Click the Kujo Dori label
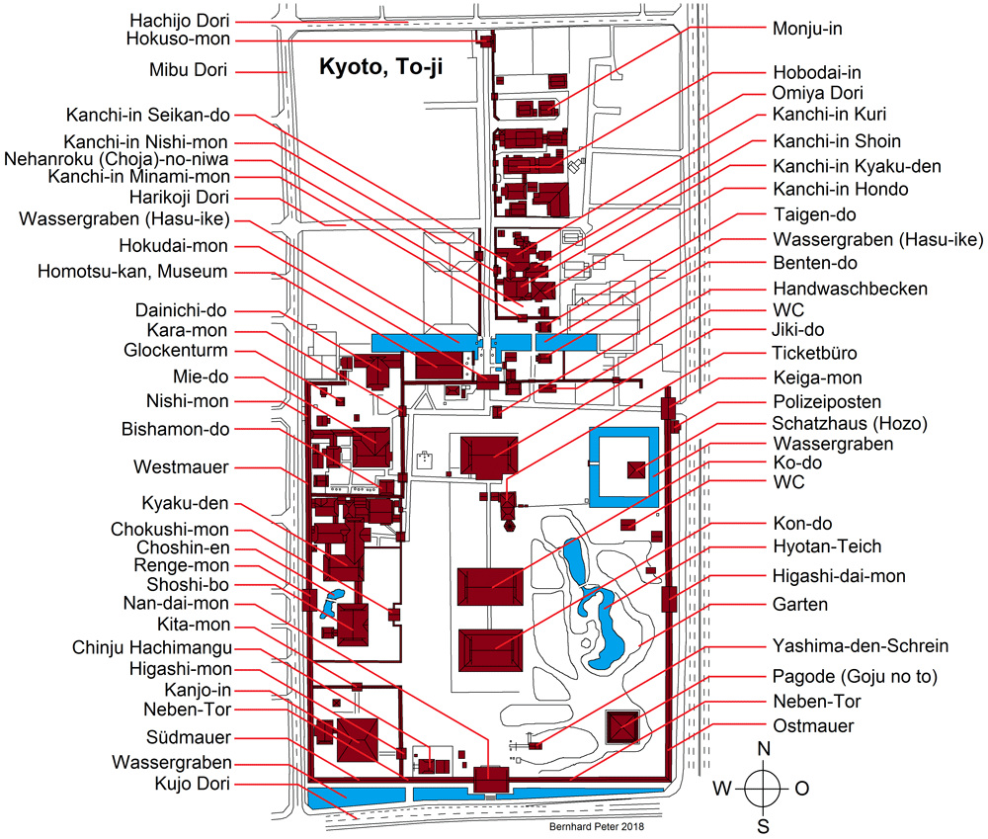point(186,785)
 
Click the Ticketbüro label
point(814,353)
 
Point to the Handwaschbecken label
point(850,289)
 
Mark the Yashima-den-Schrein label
point(861,646)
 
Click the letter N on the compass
point(764,749)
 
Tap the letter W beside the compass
point(722,788)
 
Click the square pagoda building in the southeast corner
point(622,727)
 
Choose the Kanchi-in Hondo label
point(840,189)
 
